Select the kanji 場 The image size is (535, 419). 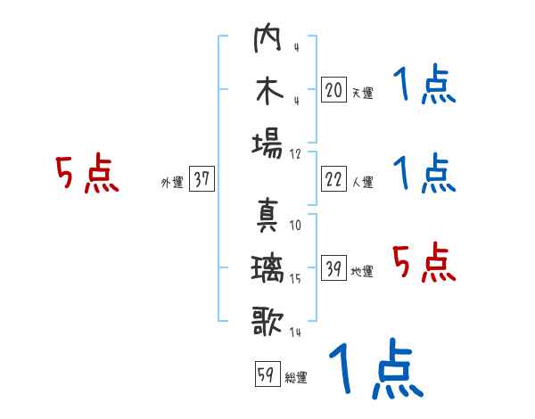tap(268, 144)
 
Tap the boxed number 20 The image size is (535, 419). tap(333, 89)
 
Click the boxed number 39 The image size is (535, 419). tap(333, 268)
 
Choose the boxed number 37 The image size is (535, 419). tap(201, 179)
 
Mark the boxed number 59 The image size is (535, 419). tap(265, 374)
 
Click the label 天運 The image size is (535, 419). tap(362, 93)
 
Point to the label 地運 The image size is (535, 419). tap(362, 272)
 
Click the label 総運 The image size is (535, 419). tap(295, 377)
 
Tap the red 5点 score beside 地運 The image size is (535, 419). tap(424, 263)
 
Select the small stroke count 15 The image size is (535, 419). tap(295, 279)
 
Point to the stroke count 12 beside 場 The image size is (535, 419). tap(295, 152)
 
